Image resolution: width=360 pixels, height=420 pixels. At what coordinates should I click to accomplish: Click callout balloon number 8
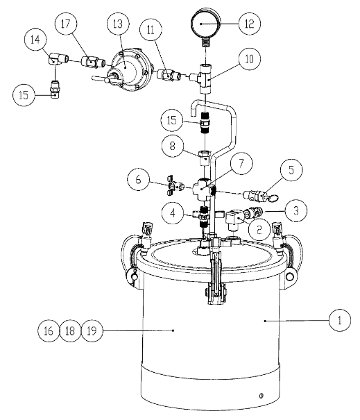(x=171, y=147)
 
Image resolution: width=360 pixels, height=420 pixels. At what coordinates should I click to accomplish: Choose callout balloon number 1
(x=339, y=321)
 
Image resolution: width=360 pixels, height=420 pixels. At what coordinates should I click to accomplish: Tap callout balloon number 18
(x=69, y=331)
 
